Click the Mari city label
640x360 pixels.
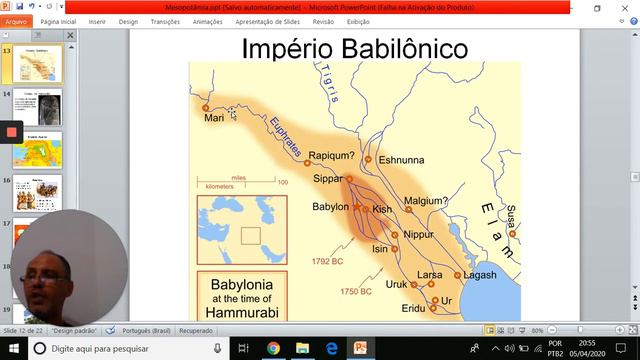coord(213,117)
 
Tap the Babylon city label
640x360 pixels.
coord(330,207)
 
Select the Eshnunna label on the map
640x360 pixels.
coord(401,159)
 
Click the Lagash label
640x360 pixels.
coord(480,275)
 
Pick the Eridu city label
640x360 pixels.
coord(413,309)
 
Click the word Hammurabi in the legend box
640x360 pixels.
coord(240,312)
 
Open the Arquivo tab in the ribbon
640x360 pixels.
coord(17,20)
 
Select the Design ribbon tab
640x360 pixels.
coord(130,20)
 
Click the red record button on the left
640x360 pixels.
coord(11,132)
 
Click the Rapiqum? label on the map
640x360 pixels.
coord(332,156)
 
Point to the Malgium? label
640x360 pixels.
coord(427,201)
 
